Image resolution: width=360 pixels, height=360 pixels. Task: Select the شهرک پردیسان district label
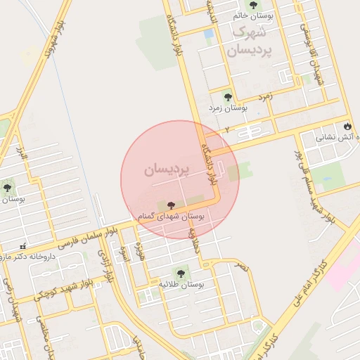pos(248,41)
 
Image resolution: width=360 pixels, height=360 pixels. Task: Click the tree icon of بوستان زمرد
pos(227,96)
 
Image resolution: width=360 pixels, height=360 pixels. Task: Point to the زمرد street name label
pos(265,94)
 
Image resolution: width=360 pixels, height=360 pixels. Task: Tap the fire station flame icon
pos(347,126)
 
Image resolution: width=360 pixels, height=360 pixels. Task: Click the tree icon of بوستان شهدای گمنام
pos(172,205)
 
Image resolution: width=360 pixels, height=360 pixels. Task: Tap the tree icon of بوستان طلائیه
pos(181,273)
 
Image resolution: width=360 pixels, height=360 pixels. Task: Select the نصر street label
pos(242,267)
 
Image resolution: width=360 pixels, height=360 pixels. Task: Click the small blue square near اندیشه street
pos(208,33)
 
